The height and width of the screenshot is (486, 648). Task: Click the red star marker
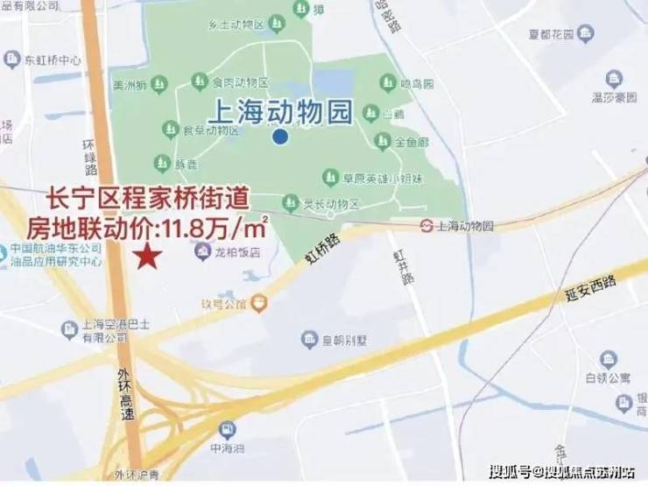(x=149, y=257)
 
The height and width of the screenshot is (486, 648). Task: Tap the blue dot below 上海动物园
(x=279, y=136)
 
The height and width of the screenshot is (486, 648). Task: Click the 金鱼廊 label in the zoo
(x=412, y=140)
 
